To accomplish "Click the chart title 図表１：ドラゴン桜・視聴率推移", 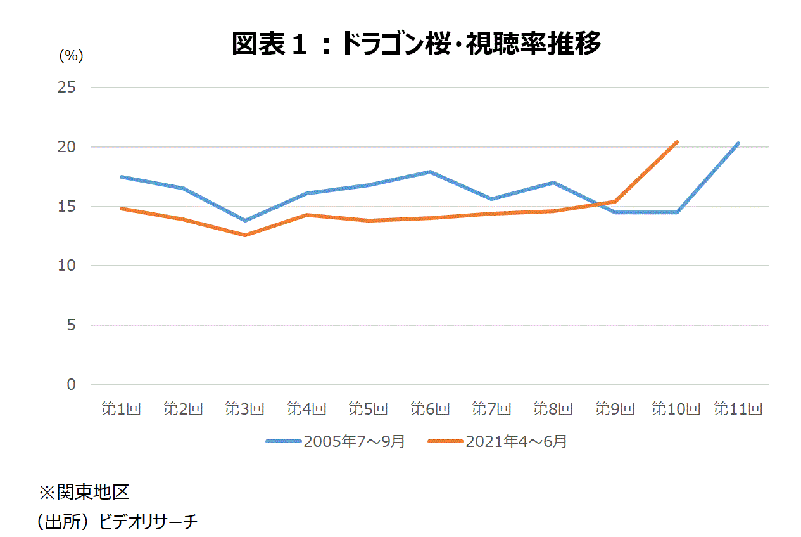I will pos(415,44).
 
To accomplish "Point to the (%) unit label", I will pos(71,56).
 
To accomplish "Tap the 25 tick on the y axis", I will pos(66,87).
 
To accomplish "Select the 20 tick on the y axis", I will pos(66,147).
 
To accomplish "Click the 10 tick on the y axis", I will pos(66,266).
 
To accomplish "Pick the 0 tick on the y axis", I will pos(70,385).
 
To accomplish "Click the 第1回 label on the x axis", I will pos(121,409).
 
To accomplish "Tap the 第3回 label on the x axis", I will pos(244,409).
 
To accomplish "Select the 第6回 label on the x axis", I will pos(430,409).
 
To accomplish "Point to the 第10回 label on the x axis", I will pos(676,409).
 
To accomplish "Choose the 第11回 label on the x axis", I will pos(738,409).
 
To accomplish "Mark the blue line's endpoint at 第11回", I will pos(738,143).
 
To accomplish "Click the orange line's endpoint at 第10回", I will pos(677,142).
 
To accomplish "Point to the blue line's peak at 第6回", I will pos(430,172).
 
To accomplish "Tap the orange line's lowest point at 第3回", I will pos(244,235).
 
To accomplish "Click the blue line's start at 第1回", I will pos(121,177).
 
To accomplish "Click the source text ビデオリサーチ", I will pos(149,522).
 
